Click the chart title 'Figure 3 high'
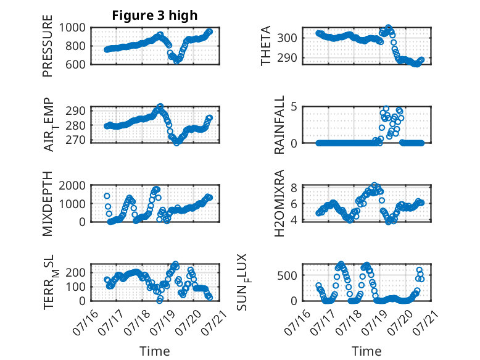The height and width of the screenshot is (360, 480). [x=155, y=15]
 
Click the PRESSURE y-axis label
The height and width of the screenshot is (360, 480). [x=48, y=46]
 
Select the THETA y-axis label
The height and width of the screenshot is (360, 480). [x=266, y=46]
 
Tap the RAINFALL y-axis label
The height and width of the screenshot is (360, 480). [x=279, y=125]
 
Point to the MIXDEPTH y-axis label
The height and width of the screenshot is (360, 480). [x=48, y=204]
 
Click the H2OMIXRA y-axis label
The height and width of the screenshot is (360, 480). [x=279, y=203]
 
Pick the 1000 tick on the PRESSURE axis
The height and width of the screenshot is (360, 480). [x=72, y=28]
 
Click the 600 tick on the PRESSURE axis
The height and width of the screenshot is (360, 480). [x=76, y=64]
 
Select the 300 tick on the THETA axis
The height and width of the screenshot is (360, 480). [x=287, y=38]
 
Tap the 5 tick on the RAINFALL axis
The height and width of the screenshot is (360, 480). [x=294, y=107]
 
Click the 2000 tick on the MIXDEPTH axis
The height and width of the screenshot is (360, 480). [x=72, y=185]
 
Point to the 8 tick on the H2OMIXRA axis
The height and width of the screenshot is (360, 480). [x=294, y=188]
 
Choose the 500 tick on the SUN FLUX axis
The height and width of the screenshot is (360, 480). [x=287, y=275]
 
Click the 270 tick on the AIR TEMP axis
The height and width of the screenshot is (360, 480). [x=76, y=140]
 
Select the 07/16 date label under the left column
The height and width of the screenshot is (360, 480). [x=85, y=322]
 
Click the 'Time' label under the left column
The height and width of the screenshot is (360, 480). [x=155, y=351]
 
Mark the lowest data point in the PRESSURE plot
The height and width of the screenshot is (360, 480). [x=176, y=61]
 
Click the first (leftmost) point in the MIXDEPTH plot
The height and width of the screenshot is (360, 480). [x=107, y=196]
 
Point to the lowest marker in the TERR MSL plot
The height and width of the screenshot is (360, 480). [x=159, y=301]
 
